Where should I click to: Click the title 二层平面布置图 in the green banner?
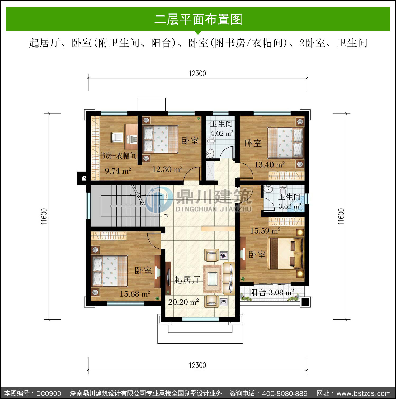click(x=198, y=19)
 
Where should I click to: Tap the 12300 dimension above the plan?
click(x=197, y=73)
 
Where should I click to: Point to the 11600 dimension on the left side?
click(x=44, y=216)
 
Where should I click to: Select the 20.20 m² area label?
click(x=183, y=302)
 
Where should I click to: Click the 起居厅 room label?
click(x=187, y=280)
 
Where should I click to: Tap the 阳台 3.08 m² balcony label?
click(x=272, y=292)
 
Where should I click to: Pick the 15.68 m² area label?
click(x=135, y=294)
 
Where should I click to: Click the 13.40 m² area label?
click(x=270, y=165)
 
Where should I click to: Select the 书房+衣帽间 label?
click(x=118, y=156)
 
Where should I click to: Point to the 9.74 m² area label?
click(x=118, y=171)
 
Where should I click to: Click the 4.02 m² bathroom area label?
click(x=222, y=133)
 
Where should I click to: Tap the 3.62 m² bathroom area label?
click(x=290, y=206)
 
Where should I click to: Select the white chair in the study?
click(x=117, y=137)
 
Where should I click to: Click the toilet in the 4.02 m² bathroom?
click(x=211, y=140)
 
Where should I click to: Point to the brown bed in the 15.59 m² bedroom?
click(x=285, y=253)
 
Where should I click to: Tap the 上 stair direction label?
click(x=166, y=196)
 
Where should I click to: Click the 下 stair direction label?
click(x=166, y=217)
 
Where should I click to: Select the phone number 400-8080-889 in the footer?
click(x=285, y=393)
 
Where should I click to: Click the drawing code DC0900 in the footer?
click(x=49, y=393)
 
